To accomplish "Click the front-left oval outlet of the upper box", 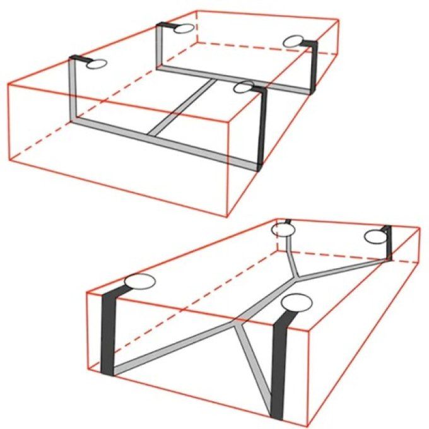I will pyautogui.click(x=96, y=64).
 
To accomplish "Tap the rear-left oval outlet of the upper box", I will pyautogui.click(x=182, y=27).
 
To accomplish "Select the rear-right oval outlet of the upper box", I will pyautogui.click(x=294, y=41).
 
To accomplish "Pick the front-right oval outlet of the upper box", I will pyautogui.click(x=244, y=87).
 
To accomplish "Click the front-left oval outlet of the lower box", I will pyautogui.click(x=139, y=283).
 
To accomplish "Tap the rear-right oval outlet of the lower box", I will pyautogui.click(x=376, y=237).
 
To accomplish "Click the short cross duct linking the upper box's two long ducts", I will pyautogui.click(x=183, y=107).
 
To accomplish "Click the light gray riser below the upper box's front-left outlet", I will pyautogui.click(x=72, y=88).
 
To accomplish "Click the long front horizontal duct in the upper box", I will pyautogui.click(x=164, y=139).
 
